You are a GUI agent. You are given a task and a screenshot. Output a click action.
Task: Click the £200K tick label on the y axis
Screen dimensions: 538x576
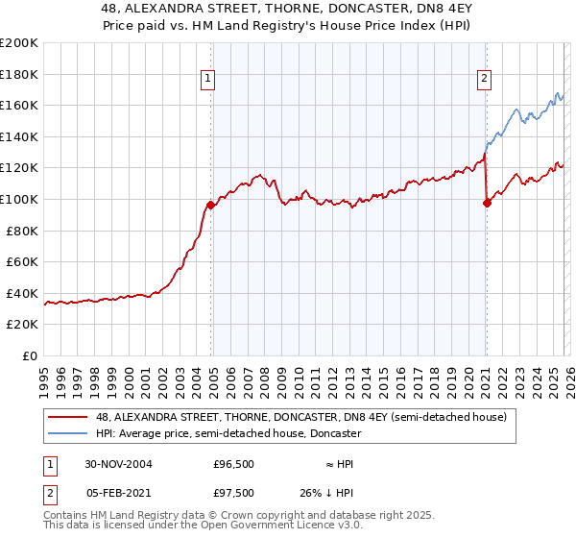coord(19,43)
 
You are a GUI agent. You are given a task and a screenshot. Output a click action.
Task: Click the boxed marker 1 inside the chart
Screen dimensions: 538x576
coord(208,80)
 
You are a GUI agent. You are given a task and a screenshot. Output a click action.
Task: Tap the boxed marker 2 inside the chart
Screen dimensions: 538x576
coord(485,80)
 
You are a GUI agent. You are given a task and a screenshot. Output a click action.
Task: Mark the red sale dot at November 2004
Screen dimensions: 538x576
coord(211,206)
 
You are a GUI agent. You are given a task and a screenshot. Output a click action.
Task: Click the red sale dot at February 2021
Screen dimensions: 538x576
coord(487,203)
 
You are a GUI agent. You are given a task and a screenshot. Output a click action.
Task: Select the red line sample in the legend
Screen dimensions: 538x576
coord(68,417)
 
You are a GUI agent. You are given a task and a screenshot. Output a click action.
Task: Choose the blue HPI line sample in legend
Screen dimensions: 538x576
coord(68,434)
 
